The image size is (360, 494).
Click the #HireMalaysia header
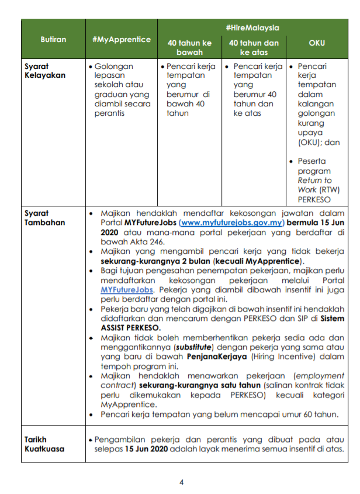pyautogui.click(x=252, y=27)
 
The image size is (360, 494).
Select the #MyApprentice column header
pyautogui.click(x=121, y=40)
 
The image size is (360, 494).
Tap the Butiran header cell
pyautogui.click(x=53, y=40)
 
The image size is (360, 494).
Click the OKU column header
pyautogui.click(x=317, y=43)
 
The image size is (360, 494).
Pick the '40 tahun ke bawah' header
pyautogui.click(x=189, y=47)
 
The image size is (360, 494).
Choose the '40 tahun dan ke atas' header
pyautogui.click(x=254, y=47)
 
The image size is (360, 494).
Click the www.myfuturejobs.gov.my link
pyautogui.click(x=232, y=223)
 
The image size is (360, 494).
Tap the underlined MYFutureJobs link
pyautogui.click(x=127, y=289)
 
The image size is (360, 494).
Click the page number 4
pyautogui.click(x=181, y=482)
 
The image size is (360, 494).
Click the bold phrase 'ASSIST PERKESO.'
pyautogui.click(x=128, y=327)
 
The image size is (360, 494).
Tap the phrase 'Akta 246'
pyautogui.click(x=148, y=241)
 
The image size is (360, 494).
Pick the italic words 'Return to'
pyautogui.click(x=314, y=180)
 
